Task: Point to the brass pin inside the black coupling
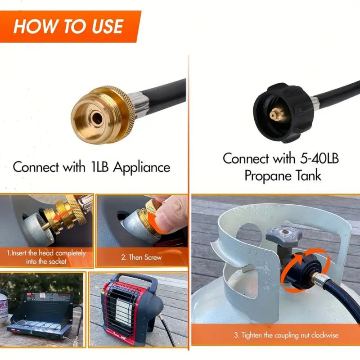point(277,114)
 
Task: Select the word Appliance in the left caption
point(142,167)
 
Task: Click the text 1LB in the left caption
point(99,166)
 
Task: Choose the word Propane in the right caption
point(267,176)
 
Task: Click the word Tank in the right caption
point(308,175)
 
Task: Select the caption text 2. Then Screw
point(141,257)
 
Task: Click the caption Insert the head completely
point(46,253)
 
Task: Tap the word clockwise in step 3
point(324,335)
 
